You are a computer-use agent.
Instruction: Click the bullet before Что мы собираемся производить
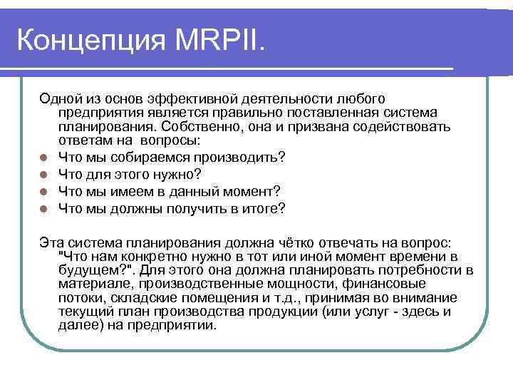click(x=44, y=157)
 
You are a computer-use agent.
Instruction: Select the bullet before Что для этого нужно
click(x=44, y=174)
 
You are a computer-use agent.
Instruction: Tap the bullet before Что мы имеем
click(x=44, y=191)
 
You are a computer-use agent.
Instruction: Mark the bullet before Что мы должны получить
click(x=44, y=208)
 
